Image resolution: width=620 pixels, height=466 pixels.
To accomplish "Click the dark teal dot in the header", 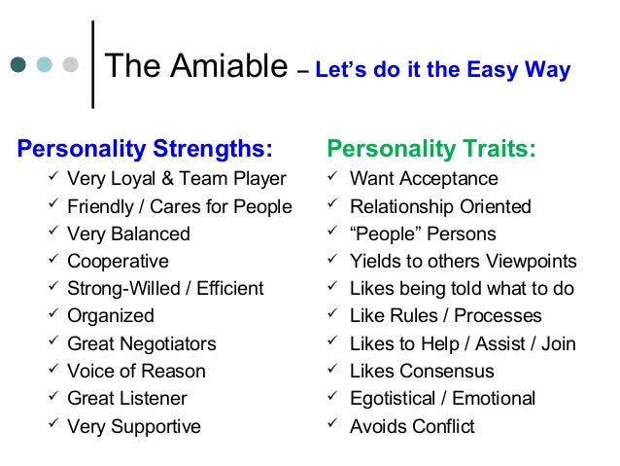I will (19, 66).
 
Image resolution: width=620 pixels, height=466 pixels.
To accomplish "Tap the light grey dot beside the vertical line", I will (68, 66).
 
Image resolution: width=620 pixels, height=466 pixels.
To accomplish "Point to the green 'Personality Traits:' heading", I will (431, 150).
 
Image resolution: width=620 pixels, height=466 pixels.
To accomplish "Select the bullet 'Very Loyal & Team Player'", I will (177, 179).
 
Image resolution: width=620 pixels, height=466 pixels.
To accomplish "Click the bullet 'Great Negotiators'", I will (142, 343).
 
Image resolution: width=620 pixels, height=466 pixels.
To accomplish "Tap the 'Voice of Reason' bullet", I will (136, 371).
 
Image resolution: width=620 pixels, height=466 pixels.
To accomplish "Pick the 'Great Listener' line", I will (127, 398).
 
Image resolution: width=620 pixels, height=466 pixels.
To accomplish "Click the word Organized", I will (111, 316).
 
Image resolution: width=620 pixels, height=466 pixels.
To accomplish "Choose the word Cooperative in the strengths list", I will (118, 262).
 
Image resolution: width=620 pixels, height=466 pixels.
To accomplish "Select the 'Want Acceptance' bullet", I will (424, 179).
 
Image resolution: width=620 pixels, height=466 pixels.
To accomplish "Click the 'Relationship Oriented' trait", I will (440, 206).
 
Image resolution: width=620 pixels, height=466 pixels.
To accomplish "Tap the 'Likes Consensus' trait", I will (422, 371).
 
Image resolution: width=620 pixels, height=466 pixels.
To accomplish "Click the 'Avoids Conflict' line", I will (412, 426).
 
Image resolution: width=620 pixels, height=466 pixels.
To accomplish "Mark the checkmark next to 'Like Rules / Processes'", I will (332, 315).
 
